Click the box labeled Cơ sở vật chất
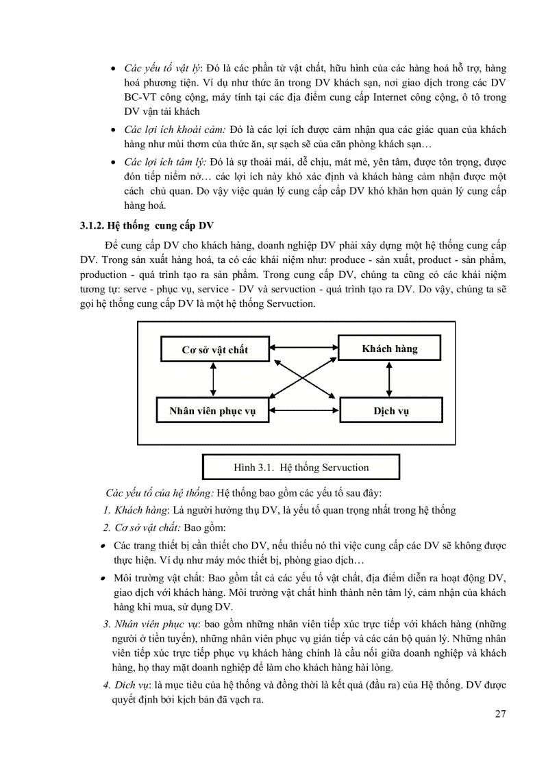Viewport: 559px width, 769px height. [x=214, y=350]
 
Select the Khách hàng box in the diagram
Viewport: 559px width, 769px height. [x=389, y=349]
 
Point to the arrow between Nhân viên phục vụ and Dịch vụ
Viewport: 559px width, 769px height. [x=304, y=412]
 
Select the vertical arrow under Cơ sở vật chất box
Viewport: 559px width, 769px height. [x=214, y=379]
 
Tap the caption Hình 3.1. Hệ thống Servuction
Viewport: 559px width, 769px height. [x=301, y=468]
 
